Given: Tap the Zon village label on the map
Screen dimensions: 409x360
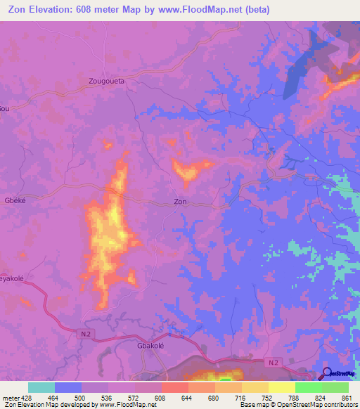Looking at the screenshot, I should point(180,202).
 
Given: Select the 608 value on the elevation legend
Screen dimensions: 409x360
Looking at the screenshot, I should point(161,397).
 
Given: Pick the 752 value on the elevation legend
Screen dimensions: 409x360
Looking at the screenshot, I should point(268,397).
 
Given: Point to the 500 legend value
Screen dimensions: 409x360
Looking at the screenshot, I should point(82,397).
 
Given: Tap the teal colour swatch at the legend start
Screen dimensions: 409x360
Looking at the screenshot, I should point(41,387).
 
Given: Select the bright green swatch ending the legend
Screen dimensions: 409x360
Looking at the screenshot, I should point(335,387).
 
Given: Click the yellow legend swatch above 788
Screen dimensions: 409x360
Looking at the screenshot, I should point(281,387).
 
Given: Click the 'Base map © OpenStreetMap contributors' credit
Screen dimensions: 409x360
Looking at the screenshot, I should point(296,405).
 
